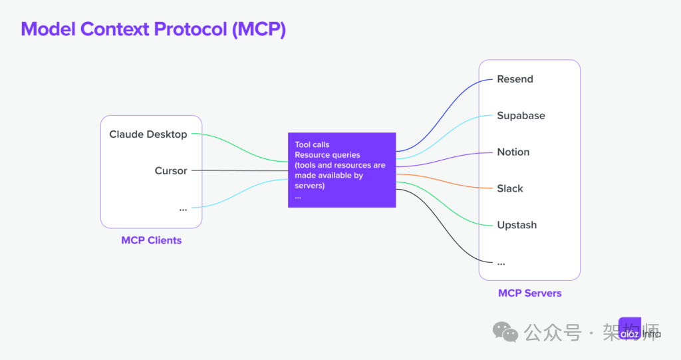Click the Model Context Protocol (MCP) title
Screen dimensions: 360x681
pos(153,29)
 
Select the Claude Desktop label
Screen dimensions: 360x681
pos(148,134)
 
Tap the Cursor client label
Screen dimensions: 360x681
pos(171,171)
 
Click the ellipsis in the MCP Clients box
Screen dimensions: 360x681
pos(183,209)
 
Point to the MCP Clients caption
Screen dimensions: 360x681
pos(151,240)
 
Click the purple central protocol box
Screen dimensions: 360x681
pos(342,170)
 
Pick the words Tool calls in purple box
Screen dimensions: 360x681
pos(312,144)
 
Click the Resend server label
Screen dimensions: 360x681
pos(515,79)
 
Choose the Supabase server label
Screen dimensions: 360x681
pos(521,116)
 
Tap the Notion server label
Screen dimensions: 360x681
pos(513,152)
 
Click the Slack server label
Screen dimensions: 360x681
pos(510,189)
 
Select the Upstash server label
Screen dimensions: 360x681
pos(517,226)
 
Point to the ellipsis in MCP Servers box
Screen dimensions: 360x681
pos(501,262)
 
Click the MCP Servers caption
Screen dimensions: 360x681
pos(529,293)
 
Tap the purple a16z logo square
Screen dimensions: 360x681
pos(629,329)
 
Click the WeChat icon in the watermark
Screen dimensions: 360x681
pos(505,331)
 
